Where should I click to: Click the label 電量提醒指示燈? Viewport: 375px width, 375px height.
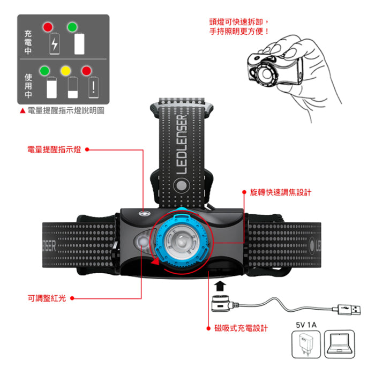(54, 150)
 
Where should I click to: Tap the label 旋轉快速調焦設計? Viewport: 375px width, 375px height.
(281, 191)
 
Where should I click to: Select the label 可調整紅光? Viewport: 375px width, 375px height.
(47, 298)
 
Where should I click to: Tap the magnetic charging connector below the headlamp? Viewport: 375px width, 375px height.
(222, 303)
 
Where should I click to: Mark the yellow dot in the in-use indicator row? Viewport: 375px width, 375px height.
(66, 70)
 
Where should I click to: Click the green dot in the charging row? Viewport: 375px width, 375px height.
(72, 26)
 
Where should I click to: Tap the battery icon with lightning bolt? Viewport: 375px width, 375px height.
(54, 44)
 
